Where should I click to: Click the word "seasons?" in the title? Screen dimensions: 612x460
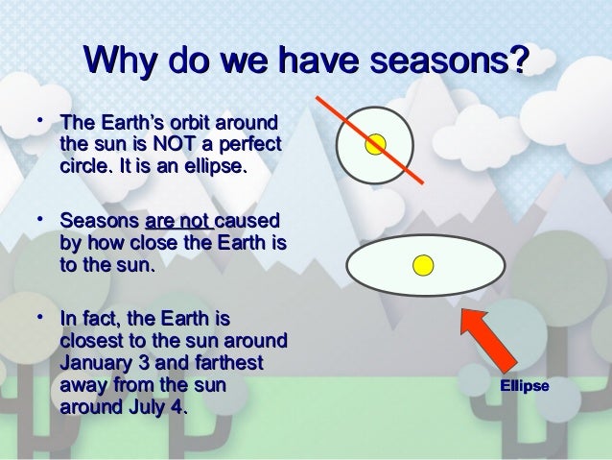pyautogui.click(x=449, y=60)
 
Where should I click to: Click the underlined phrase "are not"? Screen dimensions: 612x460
pyautogui.click(x=178, y=221)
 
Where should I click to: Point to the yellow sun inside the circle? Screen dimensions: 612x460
pyautogui.click(x=375, y=144)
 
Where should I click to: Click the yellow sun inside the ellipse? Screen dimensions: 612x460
pyautogui.click(x=423, y=265)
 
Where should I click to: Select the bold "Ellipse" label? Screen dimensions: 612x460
pyautogui.click(x=525, y=386)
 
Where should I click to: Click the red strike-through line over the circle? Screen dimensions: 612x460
pyautogui.click(x=369, y=140)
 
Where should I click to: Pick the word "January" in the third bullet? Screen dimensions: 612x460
pyautogui.click(x=96, y=363)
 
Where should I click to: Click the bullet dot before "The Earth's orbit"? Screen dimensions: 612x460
pyautogui.click(x=40, y=120)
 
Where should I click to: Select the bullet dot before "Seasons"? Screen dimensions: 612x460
pyautogui.click(x=40, y=219)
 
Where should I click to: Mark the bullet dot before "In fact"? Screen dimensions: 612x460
pyautogui.click(x=40, y=317)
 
